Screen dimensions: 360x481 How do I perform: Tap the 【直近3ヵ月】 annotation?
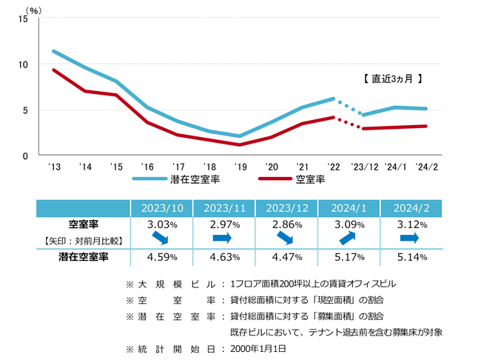coord(393,77)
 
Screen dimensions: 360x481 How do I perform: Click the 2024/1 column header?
coord(349,208)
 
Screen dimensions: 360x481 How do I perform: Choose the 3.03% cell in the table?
coord(162,224)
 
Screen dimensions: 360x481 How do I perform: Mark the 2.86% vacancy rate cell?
coord(286,224)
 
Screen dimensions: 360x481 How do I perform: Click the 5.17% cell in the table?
coord(349,258)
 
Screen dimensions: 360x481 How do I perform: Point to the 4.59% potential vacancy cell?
coord(162,258)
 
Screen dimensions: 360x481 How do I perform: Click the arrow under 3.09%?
coord(347,239)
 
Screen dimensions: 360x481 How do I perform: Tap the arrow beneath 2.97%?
coord(223,239)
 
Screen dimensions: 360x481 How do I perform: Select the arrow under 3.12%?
coord(409,239)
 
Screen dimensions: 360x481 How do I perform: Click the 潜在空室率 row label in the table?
coord(84,258)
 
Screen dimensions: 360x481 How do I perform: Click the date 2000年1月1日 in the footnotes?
coord(259,347)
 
